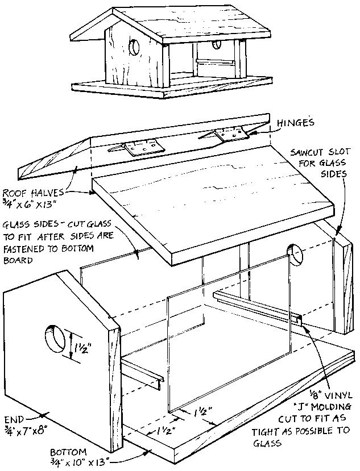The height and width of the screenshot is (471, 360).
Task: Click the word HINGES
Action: [297, 122]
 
